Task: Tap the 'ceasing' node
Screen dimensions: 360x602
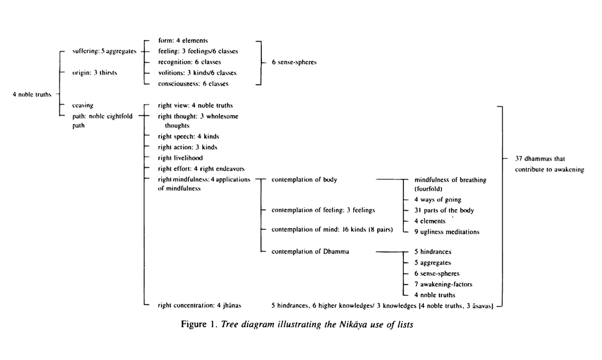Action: tap(83, 106)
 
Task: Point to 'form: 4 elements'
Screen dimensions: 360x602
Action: tap(179, 41)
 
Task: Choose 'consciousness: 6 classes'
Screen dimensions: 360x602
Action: tap(193, 84)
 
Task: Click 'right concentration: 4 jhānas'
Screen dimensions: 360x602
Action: tap(193, 305)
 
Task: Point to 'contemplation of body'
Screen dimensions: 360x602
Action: tap(304, 179)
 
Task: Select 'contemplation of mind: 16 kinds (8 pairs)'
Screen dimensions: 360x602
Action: tap(332, 229)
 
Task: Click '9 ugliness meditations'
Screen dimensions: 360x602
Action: tap(446, 232)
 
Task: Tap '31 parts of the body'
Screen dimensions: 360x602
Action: tap(444, 211)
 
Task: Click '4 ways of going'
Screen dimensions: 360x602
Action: tap(437, 200)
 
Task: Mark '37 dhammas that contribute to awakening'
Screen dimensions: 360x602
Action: tap(549, 164)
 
